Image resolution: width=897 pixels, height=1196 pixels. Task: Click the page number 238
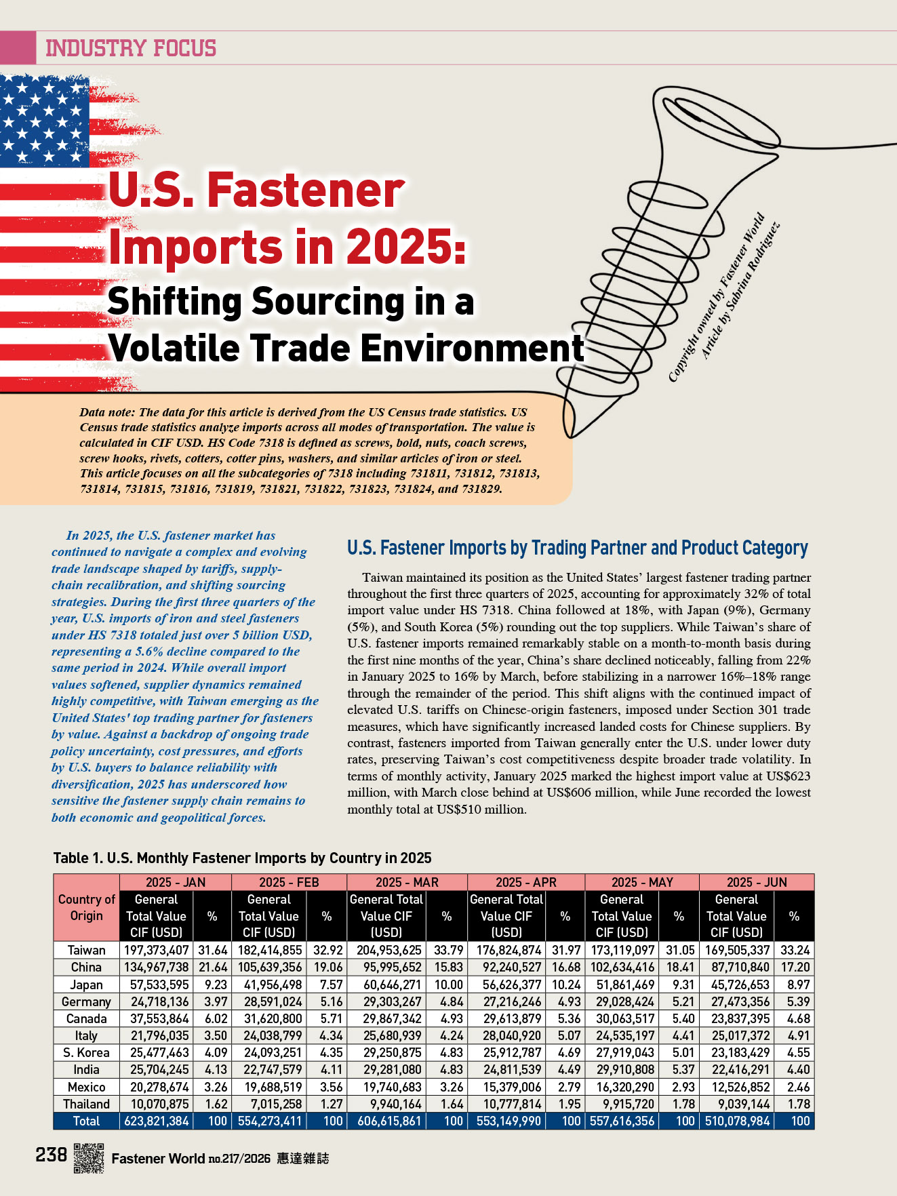[52, 1154]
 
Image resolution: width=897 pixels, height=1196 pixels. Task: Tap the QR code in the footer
[88, 1157]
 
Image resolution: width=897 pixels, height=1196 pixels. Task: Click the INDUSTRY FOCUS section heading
[131, 48]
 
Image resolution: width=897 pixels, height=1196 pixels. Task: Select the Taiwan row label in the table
[86, 950]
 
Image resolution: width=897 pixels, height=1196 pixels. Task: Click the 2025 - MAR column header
[407, 882]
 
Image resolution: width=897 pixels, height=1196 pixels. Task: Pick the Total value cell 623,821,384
[156, 1121]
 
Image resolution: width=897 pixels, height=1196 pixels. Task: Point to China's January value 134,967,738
[156, 967]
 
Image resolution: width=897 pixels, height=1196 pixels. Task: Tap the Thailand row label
[86, 1104]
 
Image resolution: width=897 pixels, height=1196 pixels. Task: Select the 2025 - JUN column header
[756, 882]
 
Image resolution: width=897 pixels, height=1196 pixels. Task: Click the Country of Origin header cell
[86, 907]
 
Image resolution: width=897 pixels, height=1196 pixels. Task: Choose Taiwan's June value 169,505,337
[737, 950]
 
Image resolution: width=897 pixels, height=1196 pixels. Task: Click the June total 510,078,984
[737, 1121]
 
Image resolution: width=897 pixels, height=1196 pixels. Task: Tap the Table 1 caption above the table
[242, 858]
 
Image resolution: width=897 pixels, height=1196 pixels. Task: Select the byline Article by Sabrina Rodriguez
[739, 292]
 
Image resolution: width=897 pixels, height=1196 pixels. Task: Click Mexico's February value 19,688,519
[269, 1087]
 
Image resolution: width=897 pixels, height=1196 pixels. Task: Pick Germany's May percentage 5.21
[679, 1001]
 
